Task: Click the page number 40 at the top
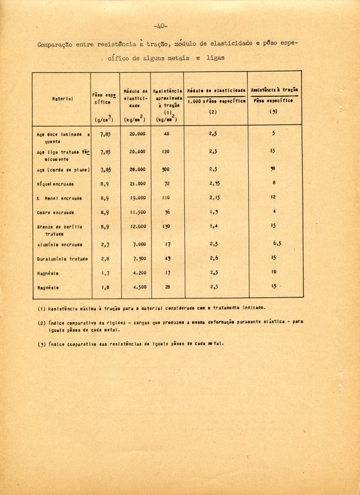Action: [160, 26]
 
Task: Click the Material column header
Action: [62, 99]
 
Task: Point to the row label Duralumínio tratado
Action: [62, 259]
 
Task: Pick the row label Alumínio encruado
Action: [60, 245]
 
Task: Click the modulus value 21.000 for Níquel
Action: [137, 184]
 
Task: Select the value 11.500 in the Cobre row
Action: [137, 212]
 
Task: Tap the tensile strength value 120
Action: [166, 152]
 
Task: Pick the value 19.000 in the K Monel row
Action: [137, 198]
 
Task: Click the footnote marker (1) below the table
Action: [41, 307]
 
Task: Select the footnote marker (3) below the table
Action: [41, 344]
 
